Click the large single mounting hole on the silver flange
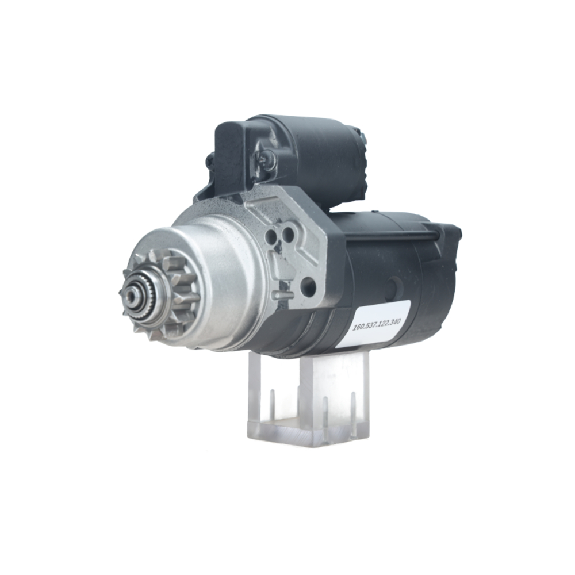[308, 286]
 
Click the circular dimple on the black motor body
[394, 286]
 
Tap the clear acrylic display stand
[310, 402]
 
